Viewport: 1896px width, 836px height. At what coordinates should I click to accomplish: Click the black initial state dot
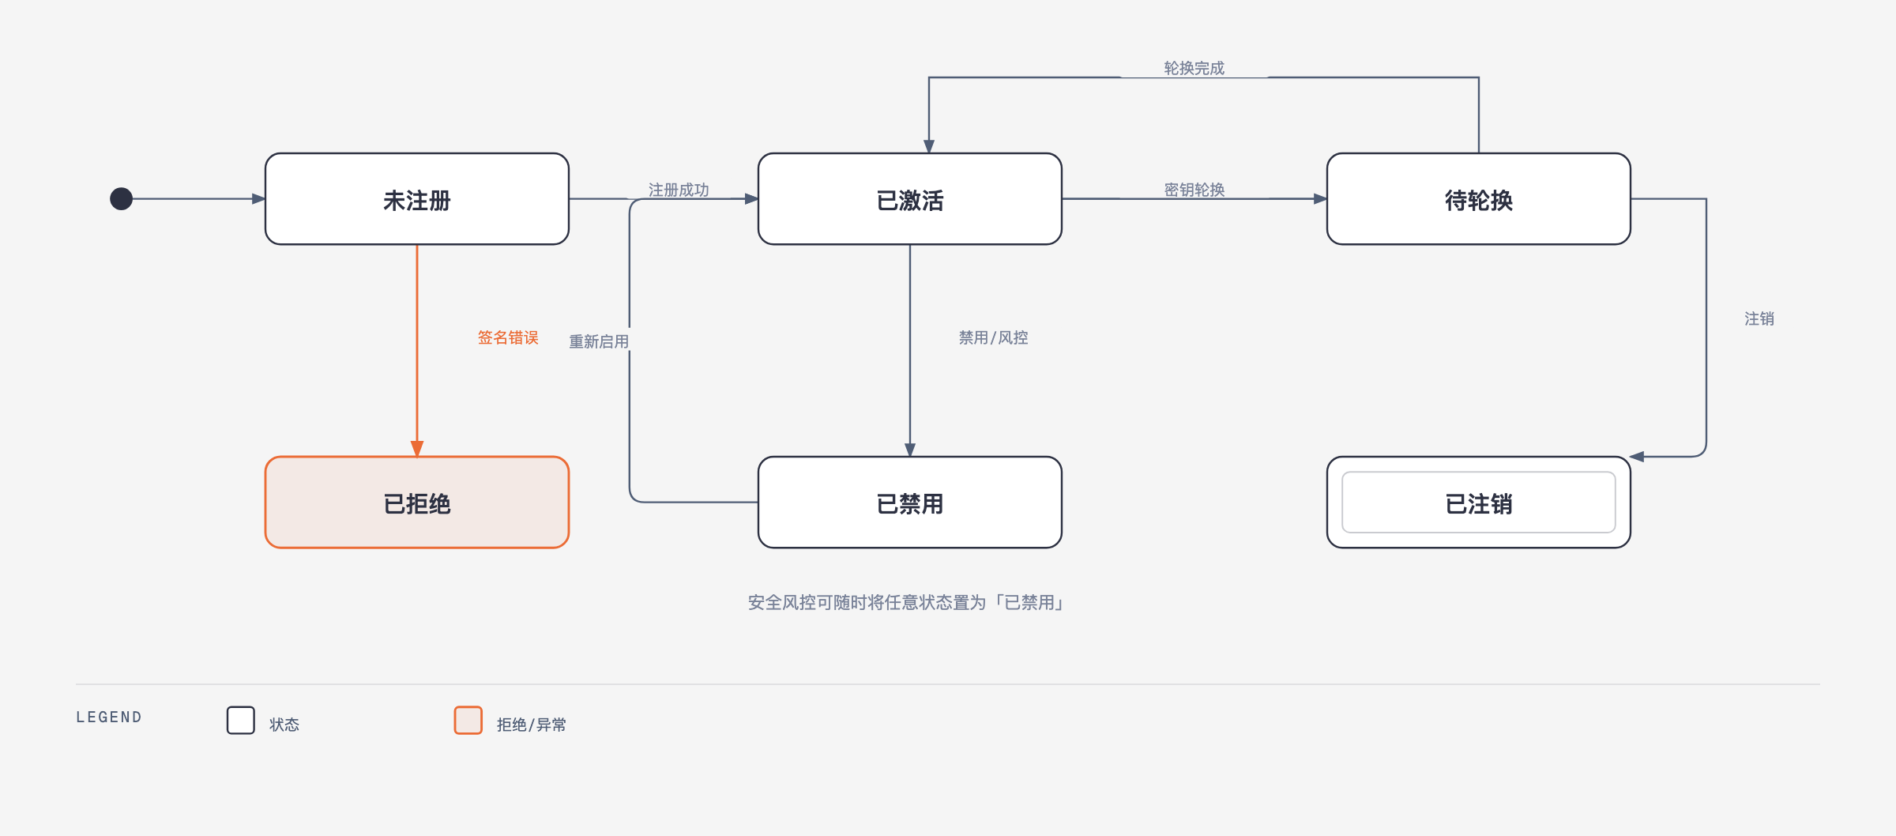121,198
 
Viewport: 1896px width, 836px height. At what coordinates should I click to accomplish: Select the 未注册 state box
417,199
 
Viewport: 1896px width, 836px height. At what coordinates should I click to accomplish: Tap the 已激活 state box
910,199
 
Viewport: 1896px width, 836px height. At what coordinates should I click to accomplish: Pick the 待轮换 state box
1479,199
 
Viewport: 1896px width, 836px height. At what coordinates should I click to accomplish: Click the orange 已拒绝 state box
417,503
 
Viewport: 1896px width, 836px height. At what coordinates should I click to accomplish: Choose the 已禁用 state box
910,503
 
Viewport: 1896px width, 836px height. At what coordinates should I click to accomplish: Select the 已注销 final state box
1479,503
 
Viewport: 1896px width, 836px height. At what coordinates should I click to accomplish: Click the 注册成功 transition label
679,190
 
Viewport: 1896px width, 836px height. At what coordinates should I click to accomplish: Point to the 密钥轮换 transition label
1194,190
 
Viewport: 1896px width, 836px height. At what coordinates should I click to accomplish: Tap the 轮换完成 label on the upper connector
1194,68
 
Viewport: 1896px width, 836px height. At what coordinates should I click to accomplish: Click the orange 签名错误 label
508,337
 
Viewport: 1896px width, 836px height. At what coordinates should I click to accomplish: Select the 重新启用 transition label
599,341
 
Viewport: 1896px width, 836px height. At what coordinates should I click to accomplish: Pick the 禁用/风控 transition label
994,337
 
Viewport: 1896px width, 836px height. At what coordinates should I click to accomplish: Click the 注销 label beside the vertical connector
1759,318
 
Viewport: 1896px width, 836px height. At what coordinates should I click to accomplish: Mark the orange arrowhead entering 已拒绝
417,449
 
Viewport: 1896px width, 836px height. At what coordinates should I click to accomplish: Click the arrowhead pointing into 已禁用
910,450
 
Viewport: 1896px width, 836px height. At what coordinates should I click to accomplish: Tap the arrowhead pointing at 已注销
1637,457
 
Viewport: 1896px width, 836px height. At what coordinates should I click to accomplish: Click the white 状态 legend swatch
241,721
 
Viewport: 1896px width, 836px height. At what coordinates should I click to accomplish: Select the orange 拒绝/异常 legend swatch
468,721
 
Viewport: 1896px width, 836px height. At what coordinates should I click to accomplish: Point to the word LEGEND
109,717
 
